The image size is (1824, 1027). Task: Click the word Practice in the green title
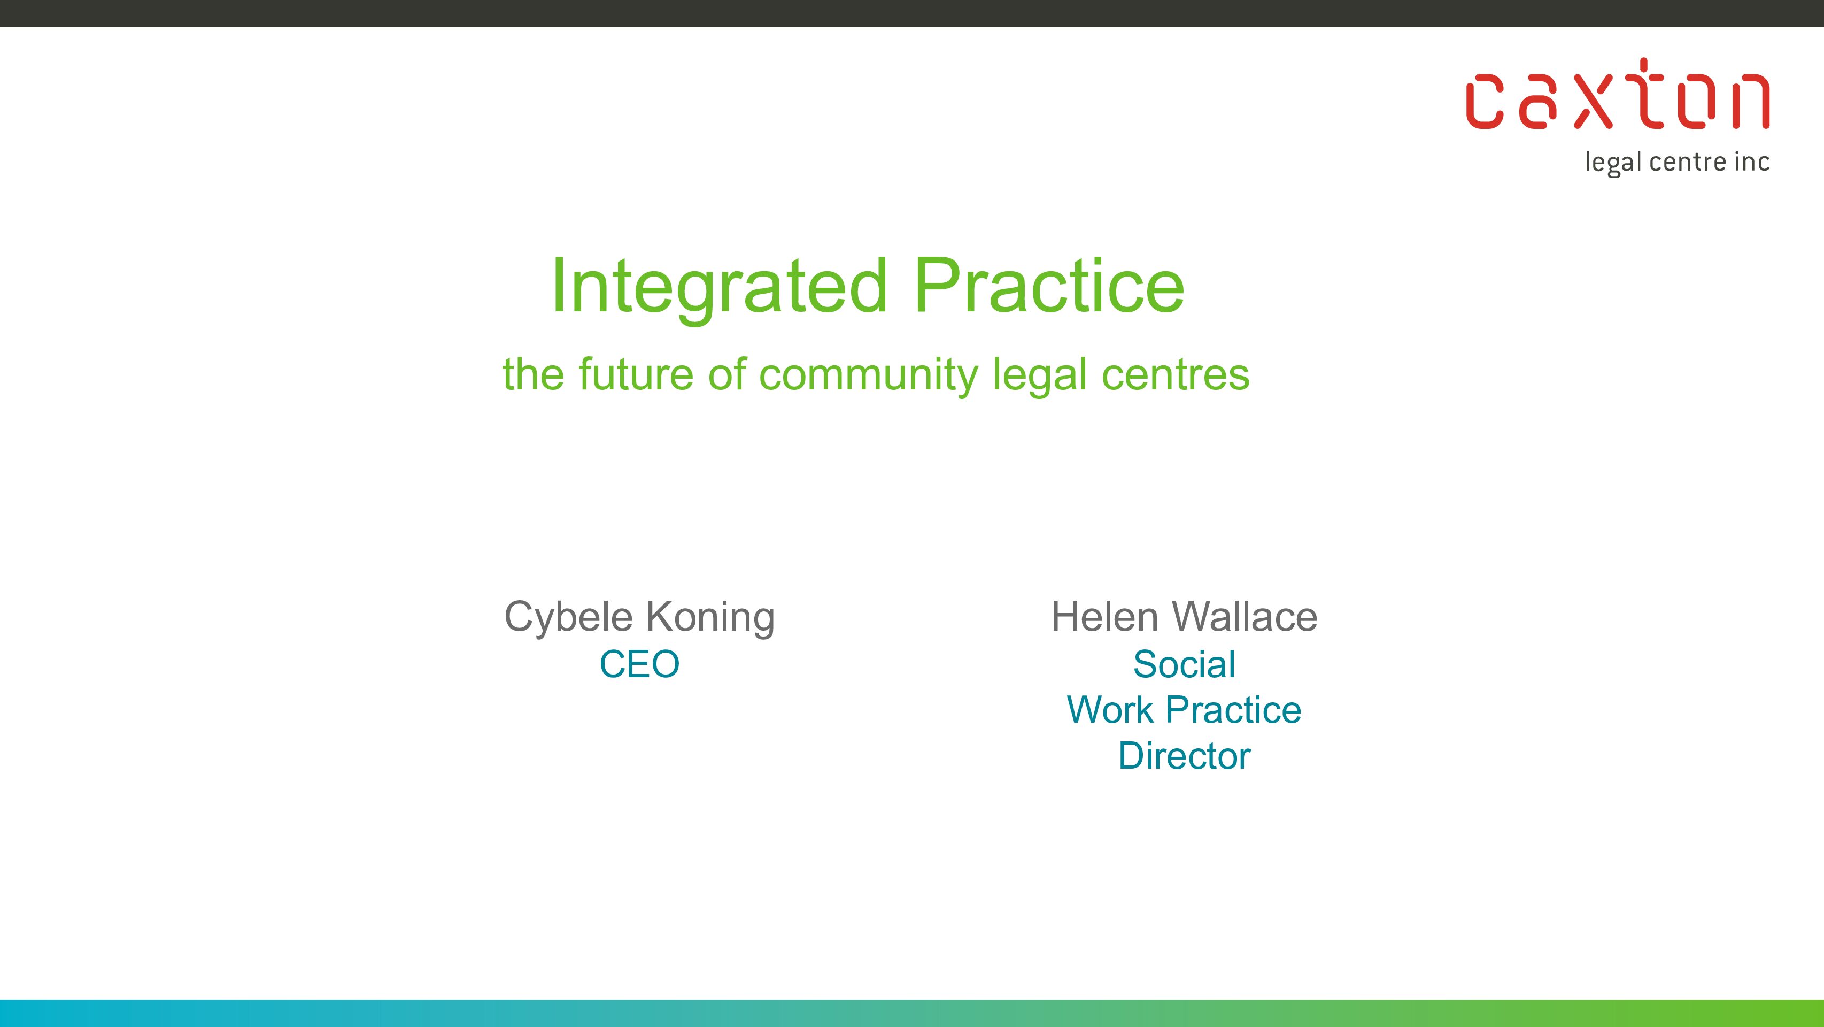click(x=1049, y=286)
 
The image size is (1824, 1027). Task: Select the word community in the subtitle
click(x=868, y=376)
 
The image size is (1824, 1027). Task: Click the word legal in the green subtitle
click(x=1039, y=376)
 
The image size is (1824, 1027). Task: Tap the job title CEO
click(x=639, y=665)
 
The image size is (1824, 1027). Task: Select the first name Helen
click(x=1104, y=616)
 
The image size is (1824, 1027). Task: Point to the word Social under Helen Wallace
click(x=1185, y=665)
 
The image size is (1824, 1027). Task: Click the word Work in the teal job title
click(x=1110, y=710)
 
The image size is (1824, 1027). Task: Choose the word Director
click(x=1185, y=756)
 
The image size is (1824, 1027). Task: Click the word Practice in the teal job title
click(x=1233, y=710)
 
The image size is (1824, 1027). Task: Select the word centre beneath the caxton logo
click(x=1689, y=162)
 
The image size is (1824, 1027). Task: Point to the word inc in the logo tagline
click(x=1752, y=162)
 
